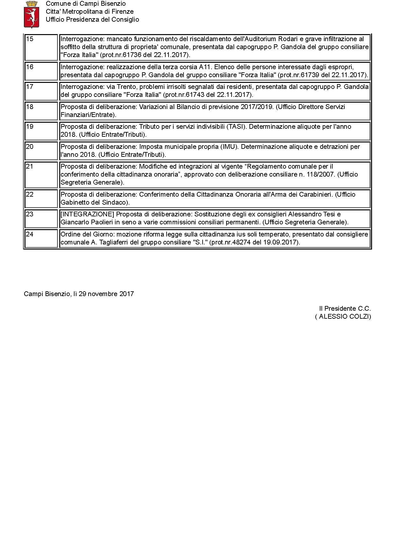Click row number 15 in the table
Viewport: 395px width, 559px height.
click(30, 39)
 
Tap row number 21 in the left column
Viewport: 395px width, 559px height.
click(30, 166)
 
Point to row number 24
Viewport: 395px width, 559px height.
click(30, 234)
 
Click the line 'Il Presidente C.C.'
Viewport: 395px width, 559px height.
click(345, 309)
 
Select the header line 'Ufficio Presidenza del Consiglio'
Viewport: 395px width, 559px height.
click(92, 19)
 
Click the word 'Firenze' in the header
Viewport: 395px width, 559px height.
click(122, 11)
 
